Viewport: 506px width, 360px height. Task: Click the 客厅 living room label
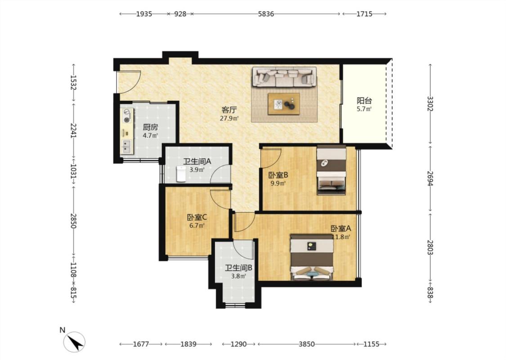pos(229,110)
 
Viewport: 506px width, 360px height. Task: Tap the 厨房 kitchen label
pos(150,127)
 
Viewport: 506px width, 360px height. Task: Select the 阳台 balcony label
pos(364,101)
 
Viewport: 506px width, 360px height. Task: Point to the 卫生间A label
pos(197,161)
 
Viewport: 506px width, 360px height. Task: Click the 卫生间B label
pos(238,268)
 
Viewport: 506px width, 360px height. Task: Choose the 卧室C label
pos(197,217)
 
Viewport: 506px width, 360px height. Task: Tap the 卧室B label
pos(278,175)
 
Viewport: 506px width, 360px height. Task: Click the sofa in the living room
pos(284,77)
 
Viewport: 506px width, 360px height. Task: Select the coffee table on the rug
pos(284,103)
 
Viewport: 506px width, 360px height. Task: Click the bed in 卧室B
pos(331,170)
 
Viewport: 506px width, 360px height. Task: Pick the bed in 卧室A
pos(312,257)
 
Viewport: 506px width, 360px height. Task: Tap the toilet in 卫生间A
pos(181,174)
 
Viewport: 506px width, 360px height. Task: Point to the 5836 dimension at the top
pos(266,14)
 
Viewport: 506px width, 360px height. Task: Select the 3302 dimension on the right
pos(430,103)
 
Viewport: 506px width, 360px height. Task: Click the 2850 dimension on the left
pos(74,221)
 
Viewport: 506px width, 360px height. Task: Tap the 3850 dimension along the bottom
pos(306,344)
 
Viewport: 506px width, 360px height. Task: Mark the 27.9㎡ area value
pos(229,118)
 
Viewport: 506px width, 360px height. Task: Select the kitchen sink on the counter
pos(126,147)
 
